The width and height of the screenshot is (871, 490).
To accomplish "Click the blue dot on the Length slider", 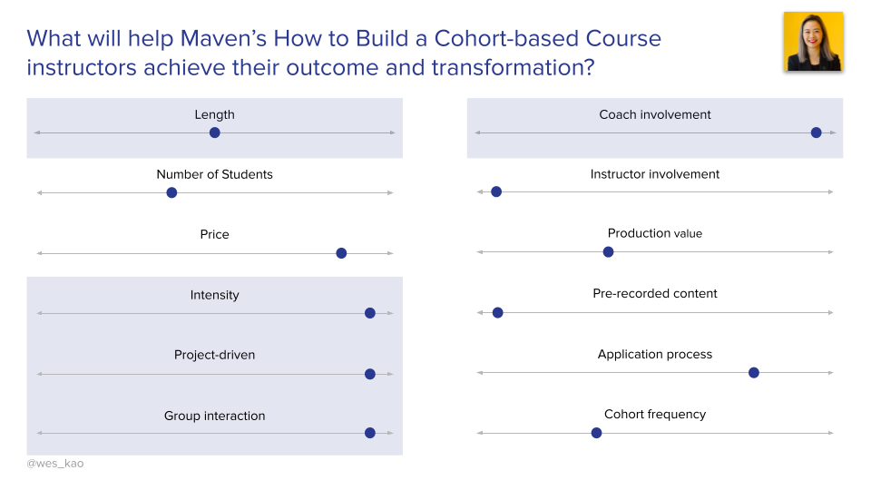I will tap(214, 132).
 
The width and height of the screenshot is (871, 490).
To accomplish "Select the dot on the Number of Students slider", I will tap(171, 192).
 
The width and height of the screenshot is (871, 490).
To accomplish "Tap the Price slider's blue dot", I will tap(341, 253).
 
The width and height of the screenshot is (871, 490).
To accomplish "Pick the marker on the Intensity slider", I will tap(369, 313).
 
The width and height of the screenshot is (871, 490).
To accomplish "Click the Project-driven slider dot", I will tap(369, 374).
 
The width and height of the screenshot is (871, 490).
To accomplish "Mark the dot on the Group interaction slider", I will tap(369, 433).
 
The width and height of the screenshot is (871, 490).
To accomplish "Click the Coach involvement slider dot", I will tap(816, 132).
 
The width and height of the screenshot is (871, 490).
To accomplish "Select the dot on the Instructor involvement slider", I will tap(496, 191).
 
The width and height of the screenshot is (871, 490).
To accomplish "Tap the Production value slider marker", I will tap(608, 251).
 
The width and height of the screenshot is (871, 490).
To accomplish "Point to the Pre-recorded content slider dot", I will tap(497, 312).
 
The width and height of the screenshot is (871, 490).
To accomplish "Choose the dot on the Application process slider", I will tap(753, 372).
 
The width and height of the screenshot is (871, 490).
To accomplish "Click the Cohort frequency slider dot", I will tap(596, 433).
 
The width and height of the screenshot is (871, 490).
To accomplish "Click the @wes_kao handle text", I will tap(55, 464).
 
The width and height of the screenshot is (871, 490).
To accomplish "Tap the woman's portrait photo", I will tap(813, 42).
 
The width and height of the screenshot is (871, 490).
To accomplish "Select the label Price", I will tap(214, 234).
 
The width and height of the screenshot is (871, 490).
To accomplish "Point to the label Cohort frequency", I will tap(655, 415).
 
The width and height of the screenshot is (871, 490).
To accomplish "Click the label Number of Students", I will tap(214, 174).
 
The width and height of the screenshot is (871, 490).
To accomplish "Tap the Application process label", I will tap(655, 354).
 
